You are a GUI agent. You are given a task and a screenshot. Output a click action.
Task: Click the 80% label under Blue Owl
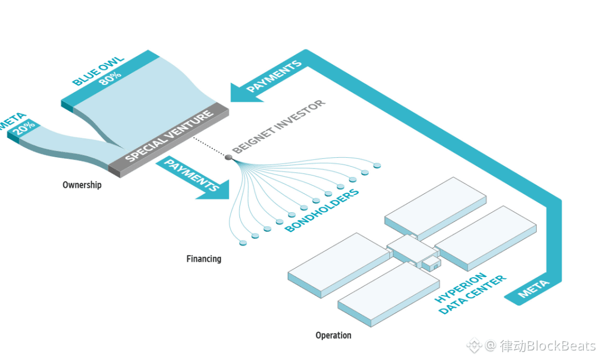110,78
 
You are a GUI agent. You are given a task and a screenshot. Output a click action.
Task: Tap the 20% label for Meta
24,128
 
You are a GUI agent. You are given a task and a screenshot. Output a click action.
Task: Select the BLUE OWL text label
98,71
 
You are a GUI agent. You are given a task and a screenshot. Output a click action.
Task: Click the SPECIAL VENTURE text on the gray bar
169,136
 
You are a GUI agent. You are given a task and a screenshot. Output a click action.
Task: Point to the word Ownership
82,185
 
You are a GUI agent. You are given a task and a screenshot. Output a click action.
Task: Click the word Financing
203,259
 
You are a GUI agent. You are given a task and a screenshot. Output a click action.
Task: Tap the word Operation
333,336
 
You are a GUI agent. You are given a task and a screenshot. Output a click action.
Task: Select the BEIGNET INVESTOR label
278,126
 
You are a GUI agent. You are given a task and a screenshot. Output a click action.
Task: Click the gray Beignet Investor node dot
228,157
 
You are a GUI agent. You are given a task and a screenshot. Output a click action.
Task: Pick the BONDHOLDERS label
322,210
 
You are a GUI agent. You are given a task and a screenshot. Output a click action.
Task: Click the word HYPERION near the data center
461,287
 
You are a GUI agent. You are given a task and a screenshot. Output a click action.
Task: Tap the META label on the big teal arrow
533,289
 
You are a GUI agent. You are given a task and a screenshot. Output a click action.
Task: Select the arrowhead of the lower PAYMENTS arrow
216,190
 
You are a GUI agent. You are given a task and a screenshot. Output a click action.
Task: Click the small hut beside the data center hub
431,263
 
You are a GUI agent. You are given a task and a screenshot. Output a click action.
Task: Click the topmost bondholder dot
377,166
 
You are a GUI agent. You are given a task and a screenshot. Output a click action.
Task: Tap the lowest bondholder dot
243,243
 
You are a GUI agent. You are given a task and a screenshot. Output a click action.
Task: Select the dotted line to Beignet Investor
209,146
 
